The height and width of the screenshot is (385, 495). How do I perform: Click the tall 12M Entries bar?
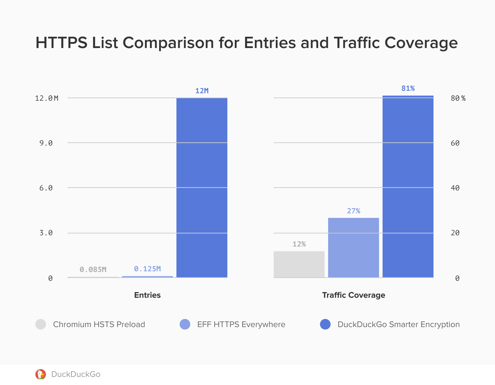(x=202, y=188)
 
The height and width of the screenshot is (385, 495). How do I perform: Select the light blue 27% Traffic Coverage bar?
(x=354, y=248)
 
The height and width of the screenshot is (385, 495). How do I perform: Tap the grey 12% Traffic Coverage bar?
(x=299, y=264)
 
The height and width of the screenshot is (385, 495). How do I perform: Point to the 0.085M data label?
(x=93, y=269)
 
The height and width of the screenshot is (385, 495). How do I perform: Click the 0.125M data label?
(x=147, y=269)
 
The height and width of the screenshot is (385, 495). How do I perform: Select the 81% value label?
(x=408, y=88)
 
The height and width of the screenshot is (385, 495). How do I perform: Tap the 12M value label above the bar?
(x=202, y=91)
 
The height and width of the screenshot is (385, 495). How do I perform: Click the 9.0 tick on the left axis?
(x=46, y=143)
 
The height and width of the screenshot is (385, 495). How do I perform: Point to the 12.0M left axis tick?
(x=47, y=98)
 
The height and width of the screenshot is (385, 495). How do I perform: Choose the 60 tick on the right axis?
(x=455, y=143)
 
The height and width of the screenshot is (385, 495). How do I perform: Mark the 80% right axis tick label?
(x=458, y=98)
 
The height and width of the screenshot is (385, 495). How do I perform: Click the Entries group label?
(x=147, y=295)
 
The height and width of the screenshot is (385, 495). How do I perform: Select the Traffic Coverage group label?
(x=354, y=295)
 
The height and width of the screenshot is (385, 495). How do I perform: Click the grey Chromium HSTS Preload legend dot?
(x=41, y=324)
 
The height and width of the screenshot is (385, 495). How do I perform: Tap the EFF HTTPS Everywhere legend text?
(x=241, y=324)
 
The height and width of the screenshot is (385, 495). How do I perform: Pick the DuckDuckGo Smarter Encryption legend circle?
(x=325, y=324)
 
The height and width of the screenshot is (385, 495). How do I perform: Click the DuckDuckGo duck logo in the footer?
(x=41, y=374)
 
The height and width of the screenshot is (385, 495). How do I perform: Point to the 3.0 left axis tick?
(x=46, y=233)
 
